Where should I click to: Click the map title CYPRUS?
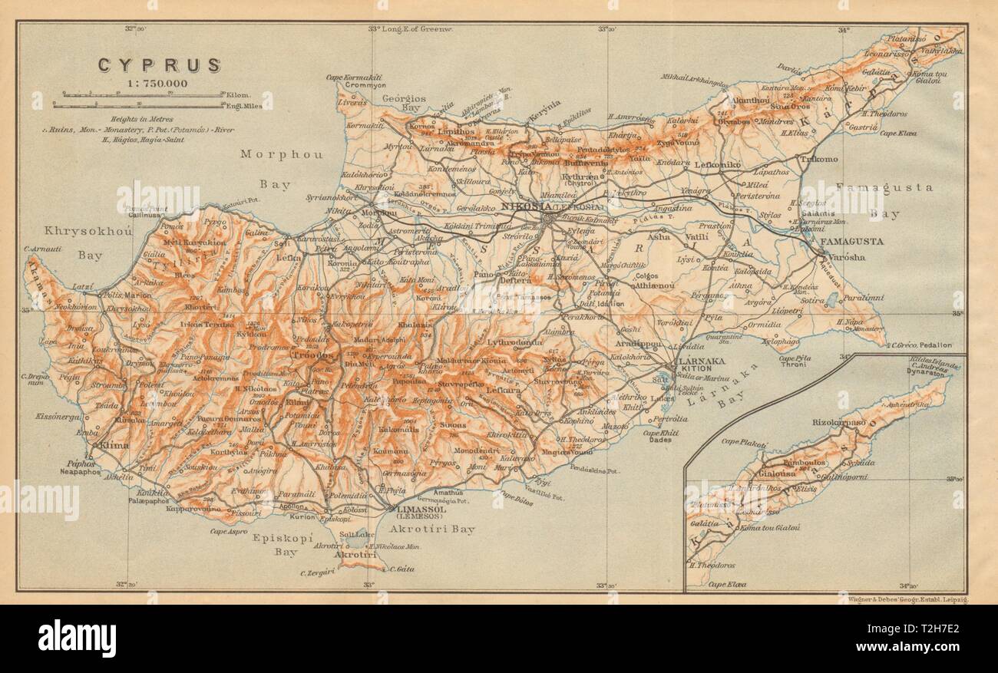tap(159, 65)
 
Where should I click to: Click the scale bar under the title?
tap(138, 96)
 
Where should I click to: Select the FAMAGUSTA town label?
tap(852, 242)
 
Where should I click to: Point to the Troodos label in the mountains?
tap(312, 357)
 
